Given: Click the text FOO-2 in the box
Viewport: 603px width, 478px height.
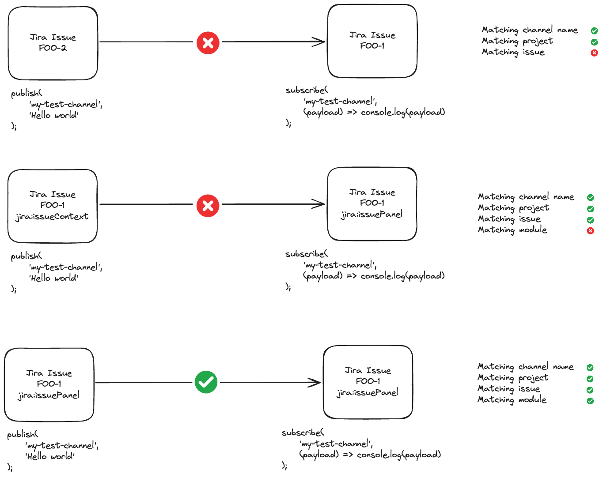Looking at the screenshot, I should point(53,48).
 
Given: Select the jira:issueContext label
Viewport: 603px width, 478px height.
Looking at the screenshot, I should point(52,216).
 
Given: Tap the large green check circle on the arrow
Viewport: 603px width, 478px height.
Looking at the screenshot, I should point(206,382).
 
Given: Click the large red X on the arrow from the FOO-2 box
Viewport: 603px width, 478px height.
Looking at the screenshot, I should point(208,43).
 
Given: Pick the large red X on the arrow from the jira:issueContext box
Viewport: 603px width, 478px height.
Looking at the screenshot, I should point(208,206).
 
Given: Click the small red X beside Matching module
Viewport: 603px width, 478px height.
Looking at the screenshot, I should point(590,231).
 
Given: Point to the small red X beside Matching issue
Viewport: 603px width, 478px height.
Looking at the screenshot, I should point(594,53).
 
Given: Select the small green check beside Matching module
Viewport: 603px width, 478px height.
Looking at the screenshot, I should point(590,401).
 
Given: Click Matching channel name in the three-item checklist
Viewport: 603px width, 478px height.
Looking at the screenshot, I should point(529,30).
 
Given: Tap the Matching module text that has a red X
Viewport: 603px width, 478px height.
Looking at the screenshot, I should point(512,230).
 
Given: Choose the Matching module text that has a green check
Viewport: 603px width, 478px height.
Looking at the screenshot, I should point(512,400).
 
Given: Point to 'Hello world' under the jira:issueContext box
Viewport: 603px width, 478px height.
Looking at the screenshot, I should point(53,278).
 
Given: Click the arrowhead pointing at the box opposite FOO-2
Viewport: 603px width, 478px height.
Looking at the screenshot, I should point(319,42).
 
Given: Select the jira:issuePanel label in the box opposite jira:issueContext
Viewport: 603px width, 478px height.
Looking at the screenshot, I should point(372,215).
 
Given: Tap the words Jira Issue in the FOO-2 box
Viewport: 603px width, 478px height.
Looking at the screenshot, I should point(53,37).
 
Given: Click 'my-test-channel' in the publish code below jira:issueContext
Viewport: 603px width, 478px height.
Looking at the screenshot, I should point(65,267).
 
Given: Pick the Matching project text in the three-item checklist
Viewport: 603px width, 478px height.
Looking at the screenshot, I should point(517,41).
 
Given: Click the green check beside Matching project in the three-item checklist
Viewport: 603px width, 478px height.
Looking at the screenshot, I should point(594,42).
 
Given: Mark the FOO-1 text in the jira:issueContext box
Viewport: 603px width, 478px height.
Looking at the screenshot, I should point(52,205).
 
